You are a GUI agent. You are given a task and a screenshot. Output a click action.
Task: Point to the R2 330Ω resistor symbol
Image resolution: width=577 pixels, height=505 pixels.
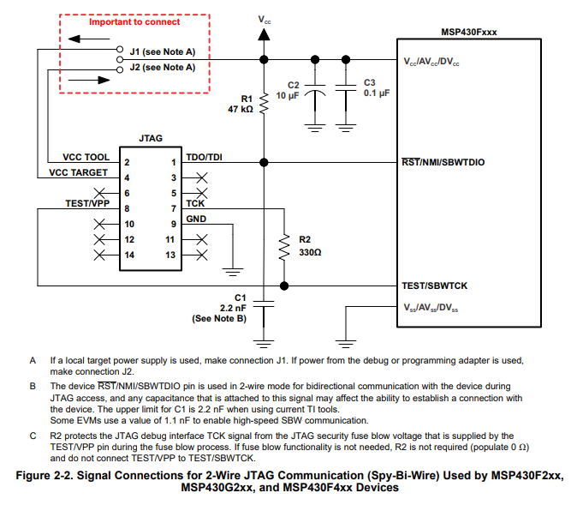coord(282,247)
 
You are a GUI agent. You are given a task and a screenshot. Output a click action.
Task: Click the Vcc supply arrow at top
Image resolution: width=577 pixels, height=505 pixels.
coord(264,33)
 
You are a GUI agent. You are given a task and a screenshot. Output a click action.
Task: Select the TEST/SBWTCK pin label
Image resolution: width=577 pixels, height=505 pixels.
coord(434,285)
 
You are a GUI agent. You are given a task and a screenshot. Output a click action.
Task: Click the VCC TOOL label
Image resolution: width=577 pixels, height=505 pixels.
coord(86,158)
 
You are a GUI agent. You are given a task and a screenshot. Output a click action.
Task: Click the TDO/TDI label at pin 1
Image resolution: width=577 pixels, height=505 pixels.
coord(203,158)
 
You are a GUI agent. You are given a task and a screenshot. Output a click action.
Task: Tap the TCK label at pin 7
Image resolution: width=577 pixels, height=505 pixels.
coord(195,204)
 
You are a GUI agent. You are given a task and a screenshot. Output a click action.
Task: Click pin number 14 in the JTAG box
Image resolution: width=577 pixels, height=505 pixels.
coord(130,255)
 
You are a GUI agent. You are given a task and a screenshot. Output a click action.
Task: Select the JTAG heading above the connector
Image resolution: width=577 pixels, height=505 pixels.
coord(151,138)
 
